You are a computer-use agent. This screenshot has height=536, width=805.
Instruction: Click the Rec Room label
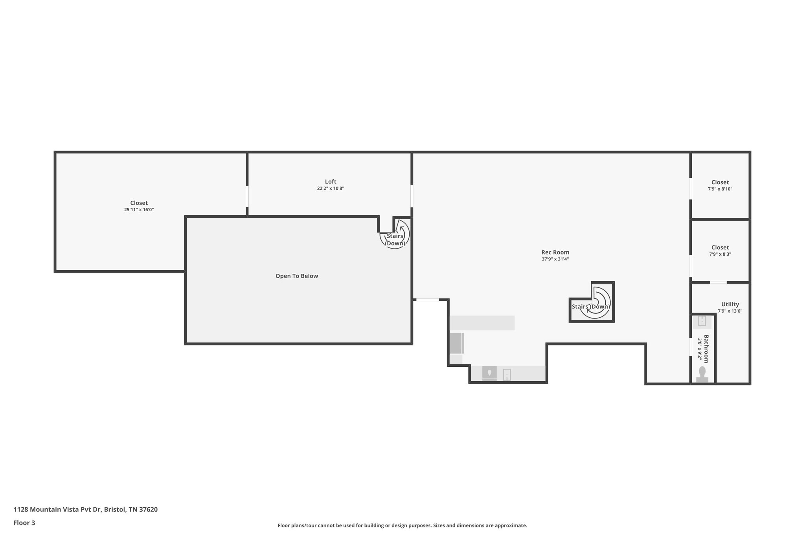pyautogui.click(x=555, y=252)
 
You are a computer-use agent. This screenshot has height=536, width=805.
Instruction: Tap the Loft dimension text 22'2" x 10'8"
pyautogui.click(x=331, y=188)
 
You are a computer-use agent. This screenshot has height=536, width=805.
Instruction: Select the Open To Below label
pyautogui.click(x=297, y=276)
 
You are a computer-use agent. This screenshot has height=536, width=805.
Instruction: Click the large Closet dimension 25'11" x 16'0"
pyautogui.click(x=139, y=210)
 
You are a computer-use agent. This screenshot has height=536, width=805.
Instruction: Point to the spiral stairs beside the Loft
pyautogui.click(x=395, y=235)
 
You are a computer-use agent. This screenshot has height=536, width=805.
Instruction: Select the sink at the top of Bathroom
pyautogui.click(x=702, y=322)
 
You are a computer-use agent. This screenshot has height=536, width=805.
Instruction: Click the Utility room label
pyautogui.click(x=730, y=304)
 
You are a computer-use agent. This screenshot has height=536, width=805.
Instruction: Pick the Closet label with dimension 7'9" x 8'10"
pyautogui.click(x=720, y=182)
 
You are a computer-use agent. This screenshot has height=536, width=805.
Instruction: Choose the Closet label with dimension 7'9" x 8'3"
pyautogui.click(x=720, y=247)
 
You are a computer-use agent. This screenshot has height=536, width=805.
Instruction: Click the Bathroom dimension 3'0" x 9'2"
pyautogui.click(x=700, y=349)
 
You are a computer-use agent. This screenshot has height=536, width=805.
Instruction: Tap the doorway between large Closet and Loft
pyautogui.click(x=247, y=196)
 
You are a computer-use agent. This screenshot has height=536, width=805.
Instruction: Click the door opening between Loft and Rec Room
pyautogui.click(x=412, y=196)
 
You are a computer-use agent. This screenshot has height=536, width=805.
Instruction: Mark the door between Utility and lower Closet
pyautogui.click(x=718, y=282)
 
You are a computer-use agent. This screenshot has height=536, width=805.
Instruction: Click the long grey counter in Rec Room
pyautogui.click(x=482, y=323)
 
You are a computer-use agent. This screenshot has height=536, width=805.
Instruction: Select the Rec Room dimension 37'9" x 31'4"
pyautogui.click(x=555, y=259)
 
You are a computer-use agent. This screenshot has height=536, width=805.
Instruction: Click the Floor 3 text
pyautogui.click(x=24, y=523)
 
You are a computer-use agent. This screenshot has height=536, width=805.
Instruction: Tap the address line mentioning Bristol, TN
pyautogui.click(x=86, y=509)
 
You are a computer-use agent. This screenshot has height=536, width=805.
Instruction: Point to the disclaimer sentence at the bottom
pyautogui.click(x=402, y=525)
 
